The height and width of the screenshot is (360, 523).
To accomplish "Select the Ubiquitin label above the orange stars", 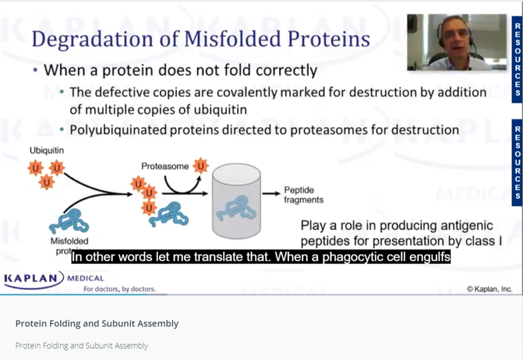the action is point(46,150).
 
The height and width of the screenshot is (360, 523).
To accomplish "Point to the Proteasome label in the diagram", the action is point(165,166).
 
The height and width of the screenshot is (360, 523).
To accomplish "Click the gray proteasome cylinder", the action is point(236,201).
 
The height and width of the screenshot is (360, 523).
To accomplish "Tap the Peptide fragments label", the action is point(303,195).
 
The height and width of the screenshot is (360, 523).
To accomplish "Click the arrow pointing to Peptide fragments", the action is point(271,194).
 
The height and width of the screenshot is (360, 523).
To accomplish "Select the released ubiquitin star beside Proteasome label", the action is point(201,165).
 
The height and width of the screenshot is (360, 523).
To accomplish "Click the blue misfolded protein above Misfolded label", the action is point(69,221).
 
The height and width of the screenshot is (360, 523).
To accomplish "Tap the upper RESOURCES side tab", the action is point(517,59).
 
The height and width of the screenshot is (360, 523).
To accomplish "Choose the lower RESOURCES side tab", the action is point(517,162).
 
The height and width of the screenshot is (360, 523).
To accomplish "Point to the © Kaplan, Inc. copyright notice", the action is point(490,289).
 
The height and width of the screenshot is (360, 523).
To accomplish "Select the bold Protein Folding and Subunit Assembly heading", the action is point(97,324).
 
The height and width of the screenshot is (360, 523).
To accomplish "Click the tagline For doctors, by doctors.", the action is point(120,289).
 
